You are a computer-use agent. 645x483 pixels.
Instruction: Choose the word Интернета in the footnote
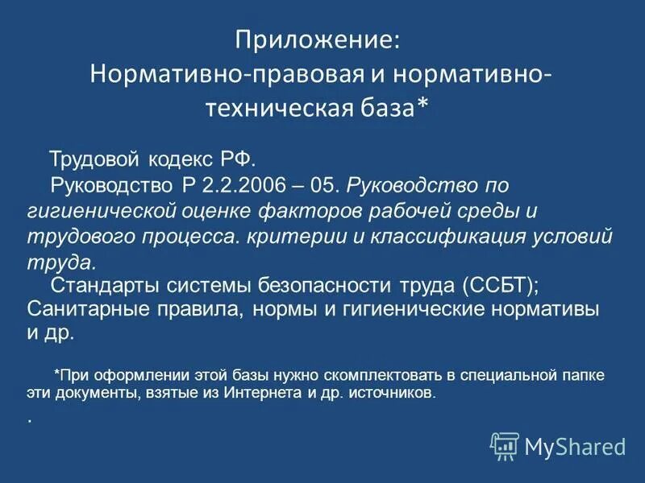point(241,394)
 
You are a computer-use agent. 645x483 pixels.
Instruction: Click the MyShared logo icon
point(505,445)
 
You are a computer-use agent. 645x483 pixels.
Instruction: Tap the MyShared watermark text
point(576,446)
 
